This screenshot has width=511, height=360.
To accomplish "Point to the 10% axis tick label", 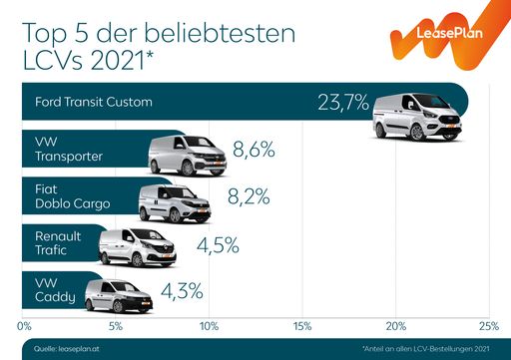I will pos(210,325).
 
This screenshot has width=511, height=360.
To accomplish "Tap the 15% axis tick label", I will pos(302,325).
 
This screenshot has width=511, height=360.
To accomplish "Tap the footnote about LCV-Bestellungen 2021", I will pos(428,348).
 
